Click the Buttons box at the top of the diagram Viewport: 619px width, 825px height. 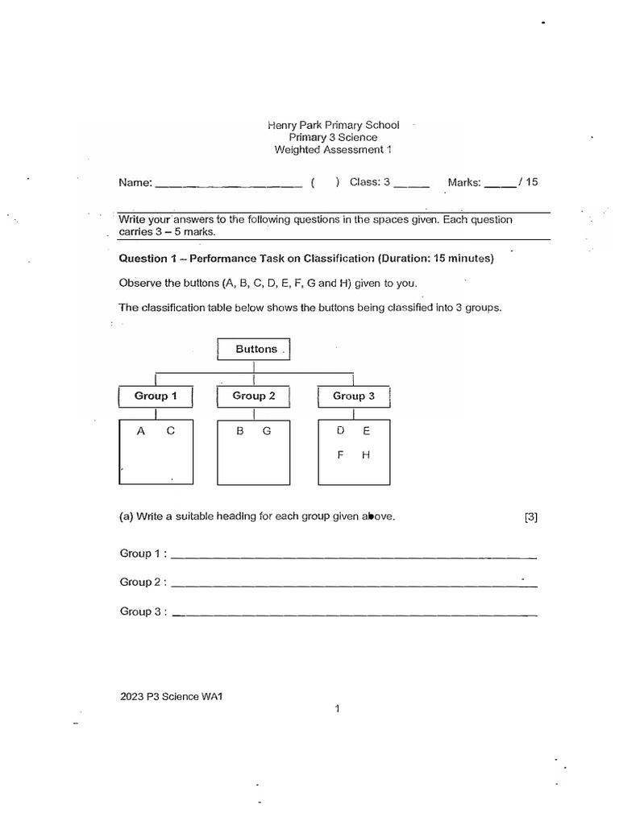coord(254,350)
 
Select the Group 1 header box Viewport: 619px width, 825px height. coord(156,396)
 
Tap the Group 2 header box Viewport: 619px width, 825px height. coord(254,396)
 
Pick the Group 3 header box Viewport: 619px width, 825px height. coord(354,396)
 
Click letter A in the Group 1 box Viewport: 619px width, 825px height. coord(140,431)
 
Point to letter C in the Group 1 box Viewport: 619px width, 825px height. coord(170,431)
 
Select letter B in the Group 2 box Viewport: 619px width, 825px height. coord(239,431)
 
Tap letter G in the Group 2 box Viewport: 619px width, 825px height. coord(267,431)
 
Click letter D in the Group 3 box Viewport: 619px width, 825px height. coord(341,431)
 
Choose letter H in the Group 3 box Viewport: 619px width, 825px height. coord(366,455)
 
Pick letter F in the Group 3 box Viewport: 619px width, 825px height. coord(341,455)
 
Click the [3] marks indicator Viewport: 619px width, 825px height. coord(530,517)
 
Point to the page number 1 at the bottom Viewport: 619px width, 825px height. coord(338,709)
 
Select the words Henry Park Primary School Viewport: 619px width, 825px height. coord(333,126)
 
